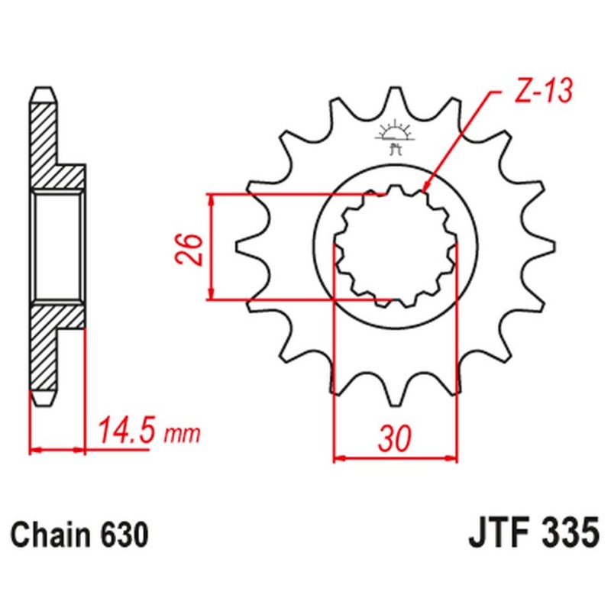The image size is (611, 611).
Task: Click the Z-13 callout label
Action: [539, 94]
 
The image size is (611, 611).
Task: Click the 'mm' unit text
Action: [183, 435]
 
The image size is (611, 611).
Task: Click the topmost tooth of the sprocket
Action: [396, 99]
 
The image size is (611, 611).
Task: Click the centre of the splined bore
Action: [396, 246]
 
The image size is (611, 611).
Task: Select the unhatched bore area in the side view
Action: [58, 246]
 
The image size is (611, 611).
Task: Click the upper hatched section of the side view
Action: [48, 145]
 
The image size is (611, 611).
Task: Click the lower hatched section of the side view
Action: [48, 348]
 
